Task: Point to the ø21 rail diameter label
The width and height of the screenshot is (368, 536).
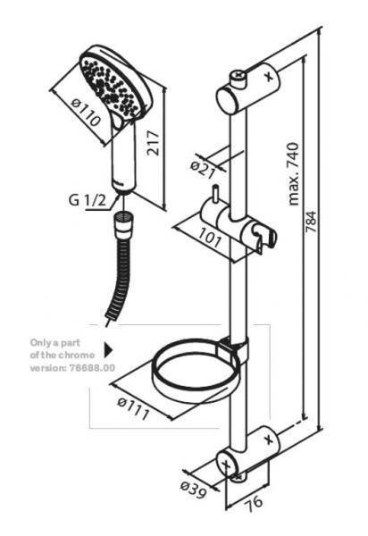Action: coord(205,166)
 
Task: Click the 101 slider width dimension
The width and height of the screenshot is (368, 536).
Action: coord(210,239)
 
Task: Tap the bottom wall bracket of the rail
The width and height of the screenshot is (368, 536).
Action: coord(249,451)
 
